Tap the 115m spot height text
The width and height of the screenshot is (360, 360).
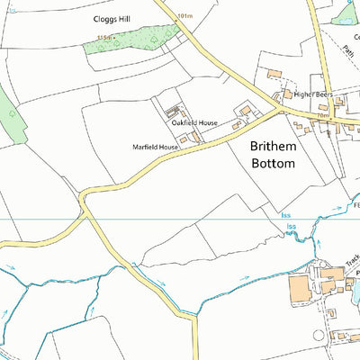105,38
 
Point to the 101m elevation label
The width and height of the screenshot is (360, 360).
185,16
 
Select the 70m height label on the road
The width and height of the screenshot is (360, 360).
321,116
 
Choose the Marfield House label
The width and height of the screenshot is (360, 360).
155,146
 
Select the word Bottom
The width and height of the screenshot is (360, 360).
272,164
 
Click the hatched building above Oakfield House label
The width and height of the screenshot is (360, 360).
172,111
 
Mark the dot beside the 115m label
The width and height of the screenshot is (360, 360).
121,39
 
